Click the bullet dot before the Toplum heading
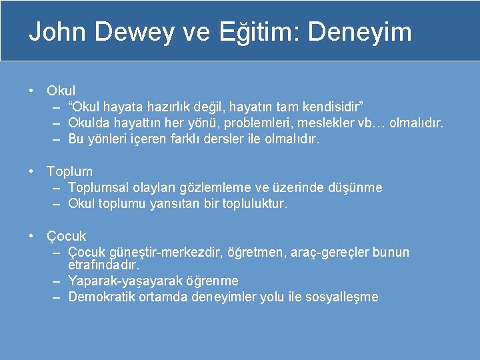click(x=31, y=171)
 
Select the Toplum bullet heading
click(x=69, y=172)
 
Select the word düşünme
click(x=355, y=188)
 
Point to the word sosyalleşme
click(x=341, y=297)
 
